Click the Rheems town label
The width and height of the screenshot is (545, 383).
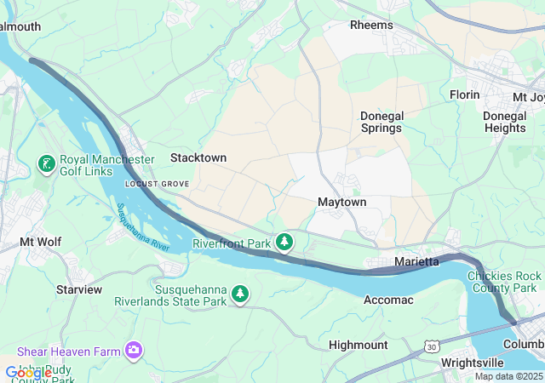tap(372, 25)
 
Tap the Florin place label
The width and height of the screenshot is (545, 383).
tap(465, 94)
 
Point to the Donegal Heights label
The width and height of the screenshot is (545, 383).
tap(504, 122)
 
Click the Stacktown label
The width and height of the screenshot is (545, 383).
tap(198, 157)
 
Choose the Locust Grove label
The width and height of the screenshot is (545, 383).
tap(155, 184)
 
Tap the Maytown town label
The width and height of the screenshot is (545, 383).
tap(341, 202)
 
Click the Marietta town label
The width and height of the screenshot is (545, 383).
tap(416, 260)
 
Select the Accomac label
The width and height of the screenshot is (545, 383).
tap(388, 300)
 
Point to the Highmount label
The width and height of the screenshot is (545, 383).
tap(359, 345)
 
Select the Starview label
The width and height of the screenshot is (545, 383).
tap(79, 289)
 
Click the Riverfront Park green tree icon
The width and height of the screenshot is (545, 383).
tap(285, 243)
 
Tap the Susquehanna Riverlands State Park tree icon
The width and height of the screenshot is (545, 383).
tap(241, 294)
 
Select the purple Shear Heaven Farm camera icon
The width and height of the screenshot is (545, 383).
tap(134, 351)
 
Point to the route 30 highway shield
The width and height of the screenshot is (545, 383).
tap(432, 346)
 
